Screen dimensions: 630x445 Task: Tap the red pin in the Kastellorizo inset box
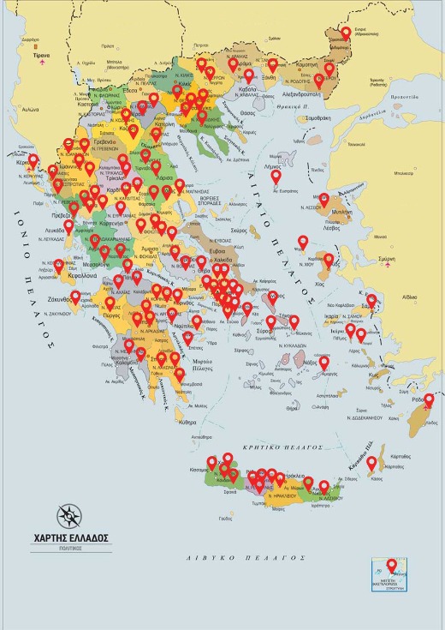pos(392,566)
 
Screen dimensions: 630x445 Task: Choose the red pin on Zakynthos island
pos(75,297)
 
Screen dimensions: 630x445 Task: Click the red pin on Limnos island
pos(276,177)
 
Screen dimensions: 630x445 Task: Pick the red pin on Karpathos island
pos(371,463)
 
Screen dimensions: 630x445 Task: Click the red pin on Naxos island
pos(323,363)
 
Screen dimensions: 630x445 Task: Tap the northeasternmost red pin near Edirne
pos(346,33)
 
